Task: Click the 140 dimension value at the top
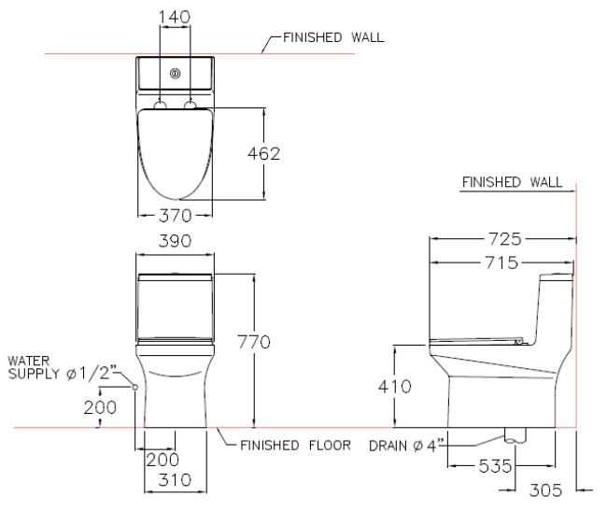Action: pyautogui.click(x=175, y=17)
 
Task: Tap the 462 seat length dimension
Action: pyautogui.click(x=263, y=154)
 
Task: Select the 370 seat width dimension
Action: pyautogui.click(x=175, y=216)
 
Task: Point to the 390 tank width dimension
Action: pyautogui.click(x=175, y=241)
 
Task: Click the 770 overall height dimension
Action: pyautogui.click(x=254, y=342)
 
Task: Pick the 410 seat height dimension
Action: pyautogui.click(x=394, y=387)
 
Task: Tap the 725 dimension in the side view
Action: pyautogui.click(x=505, y=239)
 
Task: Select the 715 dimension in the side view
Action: pyautogui.click(x=501, y=263)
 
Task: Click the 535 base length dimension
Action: pyautogui.click(x=496, y=466)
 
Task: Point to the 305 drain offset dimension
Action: pyautogui.click(x=545, y=490)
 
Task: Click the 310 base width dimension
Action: pyautogui.click(x=175, y=480)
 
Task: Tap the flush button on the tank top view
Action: pyautogui.click(x=176, y=74)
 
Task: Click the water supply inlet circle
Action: pyautogui.click(x=135, y=387)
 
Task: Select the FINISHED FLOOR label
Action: pyautogui.click(x=295, y=446)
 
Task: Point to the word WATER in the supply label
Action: pyautogui.click(x=29, y=361)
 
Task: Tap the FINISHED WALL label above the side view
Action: pyautogui.click(x=512, y=182)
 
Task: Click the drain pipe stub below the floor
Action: pyautogui.click(x=515, y=435)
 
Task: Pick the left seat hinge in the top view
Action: pyautogui.click(x=160, y=105)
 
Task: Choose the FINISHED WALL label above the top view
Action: pyautogui.click(x=333, y=37)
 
